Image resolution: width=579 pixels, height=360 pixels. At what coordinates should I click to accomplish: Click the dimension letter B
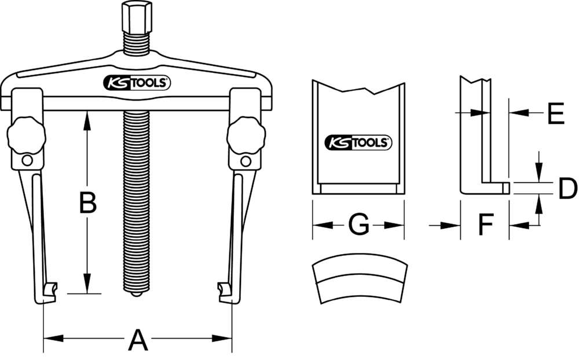[x=87, y=203]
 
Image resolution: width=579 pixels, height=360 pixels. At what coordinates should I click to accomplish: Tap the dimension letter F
[x=485, y=225]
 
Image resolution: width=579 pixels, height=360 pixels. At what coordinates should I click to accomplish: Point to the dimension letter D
[x=567, y=189]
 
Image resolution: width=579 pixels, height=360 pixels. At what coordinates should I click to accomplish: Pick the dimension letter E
[x=555, y=115]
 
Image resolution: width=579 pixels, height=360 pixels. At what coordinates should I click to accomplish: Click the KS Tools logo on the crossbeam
[x=137, y=83]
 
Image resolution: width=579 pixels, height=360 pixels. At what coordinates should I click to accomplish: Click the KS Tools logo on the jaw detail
[x=358, y=141]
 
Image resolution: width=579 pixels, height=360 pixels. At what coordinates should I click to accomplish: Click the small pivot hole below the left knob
[x=27, y=161]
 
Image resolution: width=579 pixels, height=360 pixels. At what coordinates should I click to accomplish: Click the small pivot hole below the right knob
[x=246, y=161]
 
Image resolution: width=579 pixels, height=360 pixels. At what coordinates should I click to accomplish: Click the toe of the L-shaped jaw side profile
[x=505, y=188]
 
